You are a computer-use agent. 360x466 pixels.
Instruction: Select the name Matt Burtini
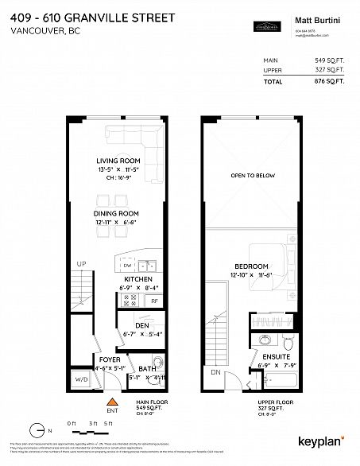(x=315, y=14)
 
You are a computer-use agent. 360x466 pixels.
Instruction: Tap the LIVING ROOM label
(x=118, y=161)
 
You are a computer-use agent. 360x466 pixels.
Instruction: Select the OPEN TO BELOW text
(x=251, y=175)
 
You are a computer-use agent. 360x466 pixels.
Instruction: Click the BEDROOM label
(x=250, y=265)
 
